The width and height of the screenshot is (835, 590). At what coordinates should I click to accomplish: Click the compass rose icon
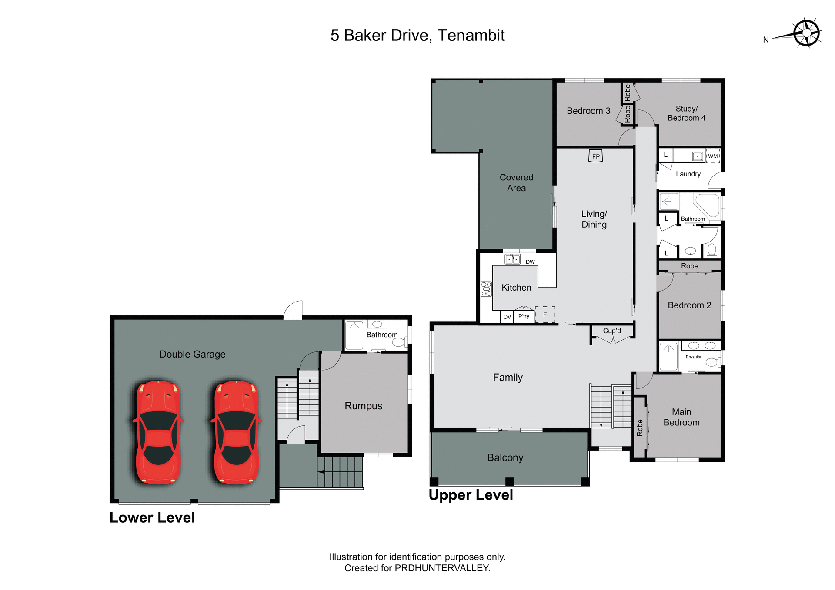click(x=806, y=33)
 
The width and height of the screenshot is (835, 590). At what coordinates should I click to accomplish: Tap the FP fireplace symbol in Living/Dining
click(x=596, y=156)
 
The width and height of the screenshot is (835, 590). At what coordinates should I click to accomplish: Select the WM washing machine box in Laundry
click(x=713, y=156)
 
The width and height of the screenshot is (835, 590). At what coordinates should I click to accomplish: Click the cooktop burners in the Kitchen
click(x=486, y=289)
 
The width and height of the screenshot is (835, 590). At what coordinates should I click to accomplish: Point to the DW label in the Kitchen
click(x=530, y=262)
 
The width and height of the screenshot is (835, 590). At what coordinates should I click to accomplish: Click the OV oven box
click(x=507, y=317)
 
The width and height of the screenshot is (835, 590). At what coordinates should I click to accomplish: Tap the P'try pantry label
click(x=524, y=316)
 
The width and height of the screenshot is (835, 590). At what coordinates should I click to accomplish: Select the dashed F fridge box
click(x=545, y=315)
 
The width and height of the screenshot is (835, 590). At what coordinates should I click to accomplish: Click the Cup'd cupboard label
click(x=612, y=331)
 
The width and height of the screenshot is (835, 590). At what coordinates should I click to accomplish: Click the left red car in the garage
click(x=158, y=432)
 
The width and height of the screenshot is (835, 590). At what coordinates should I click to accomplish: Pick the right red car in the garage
click(x=237, y=432)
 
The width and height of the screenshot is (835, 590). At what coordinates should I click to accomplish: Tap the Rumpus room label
click(x=364, y=406)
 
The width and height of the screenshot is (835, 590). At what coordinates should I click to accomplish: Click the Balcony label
click(x=505, y=457)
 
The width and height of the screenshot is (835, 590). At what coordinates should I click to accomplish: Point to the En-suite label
click(x=693, y=357)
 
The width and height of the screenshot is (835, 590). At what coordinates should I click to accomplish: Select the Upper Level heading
click(x=471, y=495)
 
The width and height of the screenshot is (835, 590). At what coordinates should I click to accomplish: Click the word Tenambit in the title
click(x=471, y=36)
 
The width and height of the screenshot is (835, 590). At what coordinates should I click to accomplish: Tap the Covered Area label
click(x=516, y=182)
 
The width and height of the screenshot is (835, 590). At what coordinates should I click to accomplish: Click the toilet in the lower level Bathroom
click(x=398, y=342)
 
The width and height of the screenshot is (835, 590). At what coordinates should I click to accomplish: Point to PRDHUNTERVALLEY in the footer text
click(x=442, y=568)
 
